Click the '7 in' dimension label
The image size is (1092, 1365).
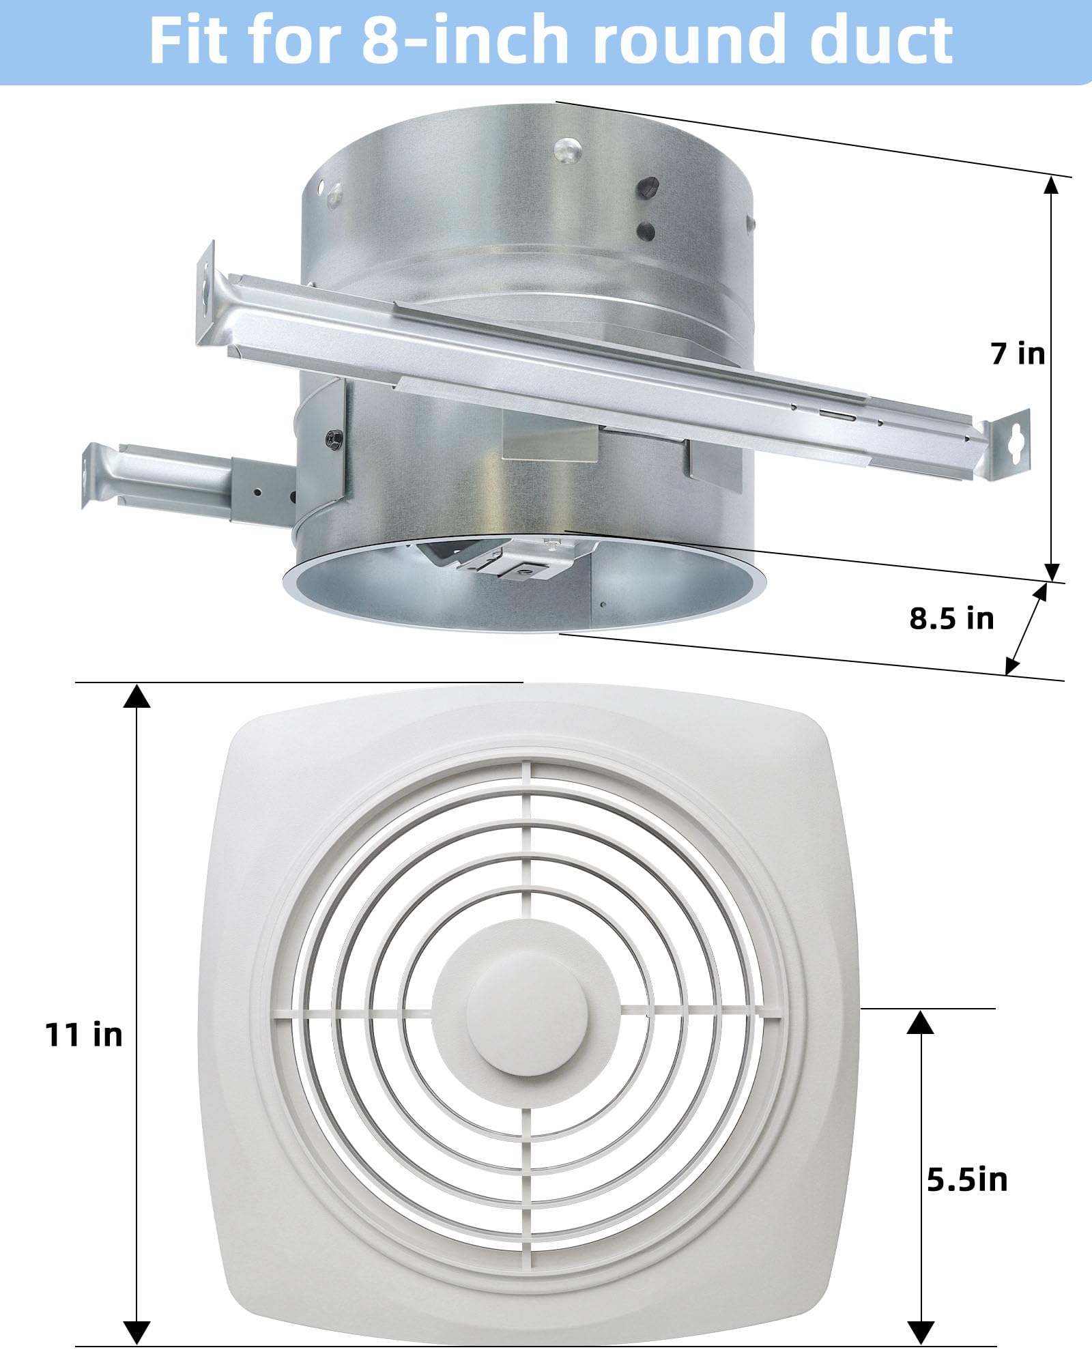pos(1018,354)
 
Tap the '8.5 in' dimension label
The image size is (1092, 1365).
pos(951,618)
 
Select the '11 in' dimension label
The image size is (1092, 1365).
pos(83,1035)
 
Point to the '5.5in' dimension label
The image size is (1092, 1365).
pos(967,1179)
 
